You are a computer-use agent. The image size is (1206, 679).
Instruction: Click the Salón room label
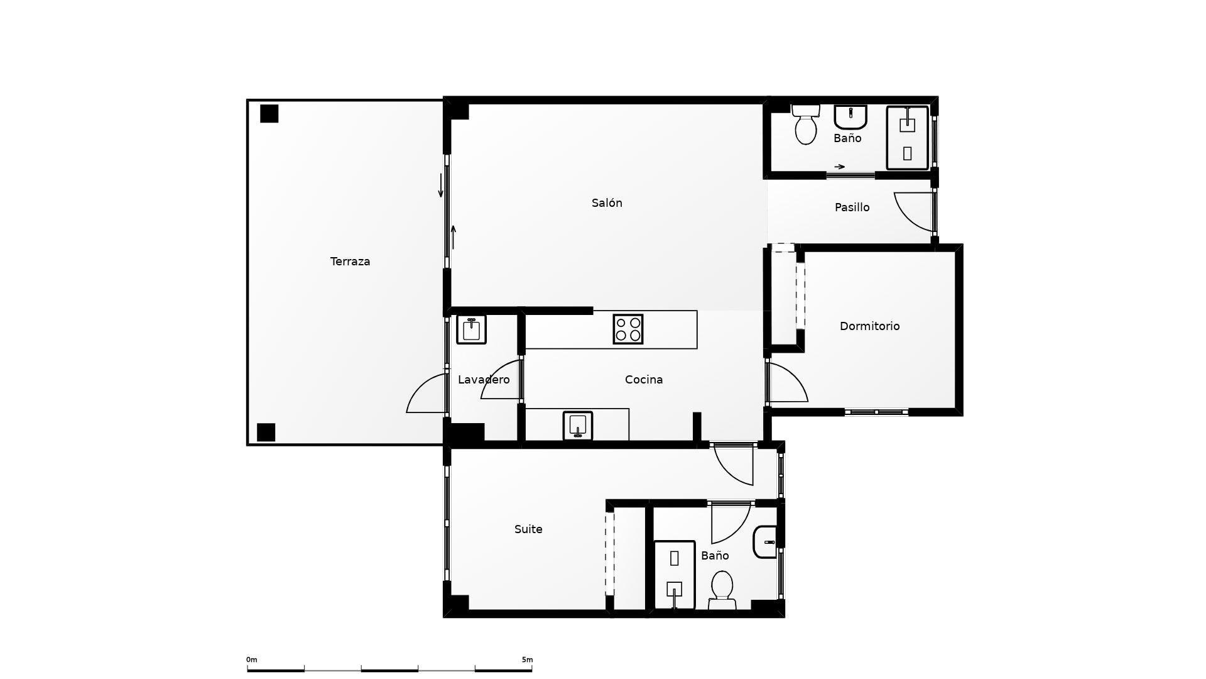pyautogui.click(x=607, y=203)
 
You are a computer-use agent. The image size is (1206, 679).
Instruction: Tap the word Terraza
pyautogui.click(x=350, y=262)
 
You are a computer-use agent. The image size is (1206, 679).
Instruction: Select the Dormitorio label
pyautogui.click(x=869, y=326)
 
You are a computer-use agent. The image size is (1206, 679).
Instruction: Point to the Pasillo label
pyautogui.click(x=852, y=207)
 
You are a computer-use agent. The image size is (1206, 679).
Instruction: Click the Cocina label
pyautogui.click(x=644, y=380)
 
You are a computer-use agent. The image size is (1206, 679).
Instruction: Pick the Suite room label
pyautogui.click(x=528, y=529)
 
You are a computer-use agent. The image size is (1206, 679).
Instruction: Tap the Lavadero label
pyautogui.click(x=484, y=380)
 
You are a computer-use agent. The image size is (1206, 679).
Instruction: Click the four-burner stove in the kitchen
pyautogui.click(x=628, y=329)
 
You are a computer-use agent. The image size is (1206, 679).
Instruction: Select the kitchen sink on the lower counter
pyautogui.click(x=578, y=426)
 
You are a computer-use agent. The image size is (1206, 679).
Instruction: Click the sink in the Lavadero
pyautogui.click(x=471, y=329)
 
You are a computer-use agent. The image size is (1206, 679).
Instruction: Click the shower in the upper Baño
pyautogui.click(x=907, y=138)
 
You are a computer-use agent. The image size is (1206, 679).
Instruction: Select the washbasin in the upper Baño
pyautogui.click(x=850, y=116)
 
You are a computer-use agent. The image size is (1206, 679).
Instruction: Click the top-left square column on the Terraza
pyautogui.click(x=269, y=114)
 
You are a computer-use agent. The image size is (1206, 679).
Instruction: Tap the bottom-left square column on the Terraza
pyautogui.click(x=266, y=433)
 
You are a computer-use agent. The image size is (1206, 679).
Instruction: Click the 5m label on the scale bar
pyautogui.click(x=527, y=660)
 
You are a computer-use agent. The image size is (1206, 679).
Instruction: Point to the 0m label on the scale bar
pyautogui.click(x=251, y=660)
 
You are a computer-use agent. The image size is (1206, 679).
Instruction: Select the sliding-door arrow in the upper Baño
pyautogui.click(x=840, y=167)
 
